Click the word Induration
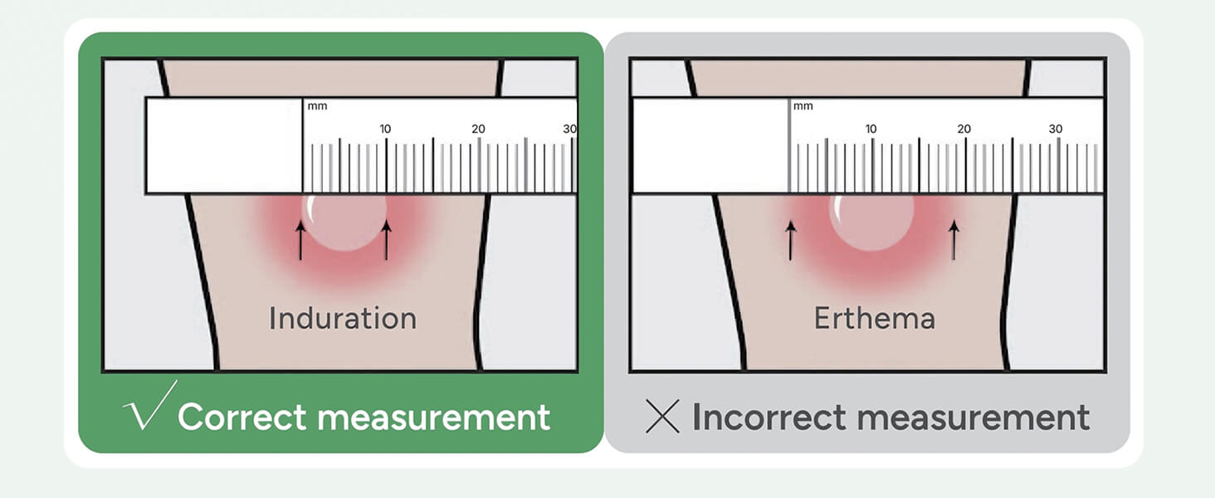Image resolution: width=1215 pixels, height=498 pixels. tap(342, 319)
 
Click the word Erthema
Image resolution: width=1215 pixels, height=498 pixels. tap(874, 319)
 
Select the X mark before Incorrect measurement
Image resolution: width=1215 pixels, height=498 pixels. tap(662, 417)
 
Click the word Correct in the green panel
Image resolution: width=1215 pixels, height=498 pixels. tap(242, 417)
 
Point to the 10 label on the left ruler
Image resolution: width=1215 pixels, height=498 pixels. tap(385, 129)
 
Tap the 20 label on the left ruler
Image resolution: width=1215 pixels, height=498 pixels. tap(478, 129)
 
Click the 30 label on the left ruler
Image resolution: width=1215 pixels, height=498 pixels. tap(569, 129)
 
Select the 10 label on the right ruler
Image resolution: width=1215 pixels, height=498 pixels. tap(871, 129)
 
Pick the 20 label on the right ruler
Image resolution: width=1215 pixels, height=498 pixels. tap(964, 129)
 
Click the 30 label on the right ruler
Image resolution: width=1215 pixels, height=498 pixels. tap(1055, 129)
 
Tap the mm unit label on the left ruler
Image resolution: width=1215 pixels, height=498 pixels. tap(317, 106)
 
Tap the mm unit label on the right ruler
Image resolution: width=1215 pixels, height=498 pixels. tap(803, 106)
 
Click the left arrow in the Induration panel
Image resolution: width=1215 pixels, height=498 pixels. tap(300, 240)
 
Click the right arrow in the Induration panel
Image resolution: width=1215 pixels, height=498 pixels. tap(386, 240)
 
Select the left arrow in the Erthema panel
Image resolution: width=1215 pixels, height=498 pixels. tap(790, 240)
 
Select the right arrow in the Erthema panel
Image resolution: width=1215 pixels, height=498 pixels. tap(954, 240)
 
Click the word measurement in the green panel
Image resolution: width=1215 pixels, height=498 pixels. tap(433, 417)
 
